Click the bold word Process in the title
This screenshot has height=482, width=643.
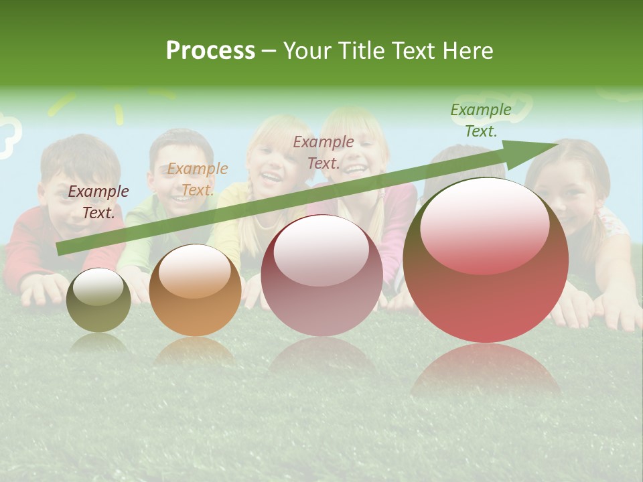[210, 51]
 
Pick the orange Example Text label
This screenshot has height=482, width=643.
[198, 179]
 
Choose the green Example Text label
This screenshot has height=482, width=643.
[481, 120]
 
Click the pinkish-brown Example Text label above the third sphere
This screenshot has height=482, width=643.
[324, 153]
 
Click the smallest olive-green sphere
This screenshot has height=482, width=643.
[98, 301]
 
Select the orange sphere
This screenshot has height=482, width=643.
[195, 291]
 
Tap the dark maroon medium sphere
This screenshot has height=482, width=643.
[321, 275]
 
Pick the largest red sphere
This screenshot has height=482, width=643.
[486, 260]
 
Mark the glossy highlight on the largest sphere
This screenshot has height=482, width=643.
[484, 225]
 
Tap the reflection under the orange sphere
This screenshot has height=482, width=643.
[195, 351]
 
